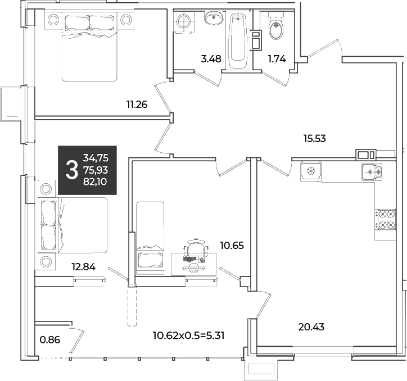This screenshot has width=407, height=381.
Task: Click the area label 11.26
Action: pos(137,105)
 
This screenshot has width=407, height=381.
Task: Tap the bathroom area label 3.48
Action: pos(211,59)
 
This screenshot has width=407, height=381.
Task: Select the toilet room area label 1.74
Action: pos(277,59)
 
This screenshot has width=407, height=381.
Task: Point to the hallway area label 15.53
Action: pos(315,139)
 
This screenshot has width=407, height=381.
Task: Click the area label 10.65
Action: pos(232,245)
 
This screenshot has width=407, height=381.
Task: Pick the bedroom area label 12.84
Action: pos(84,267)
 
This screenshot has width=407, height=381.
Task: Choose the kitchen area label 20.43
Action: pos(311,327)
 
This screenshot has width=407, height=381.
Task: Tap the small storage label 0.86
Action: pos(50,339)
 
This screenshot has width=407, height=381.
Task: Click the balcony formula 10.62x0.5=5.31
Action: pos(188,336)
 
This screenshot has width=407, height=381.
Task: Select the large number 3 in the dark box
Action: pos(72,170)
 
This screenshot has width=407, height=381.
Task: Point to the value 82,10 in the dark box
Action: pos(95,182)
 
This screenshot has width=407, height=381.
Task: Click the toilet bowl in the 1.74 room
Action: pos(276,29)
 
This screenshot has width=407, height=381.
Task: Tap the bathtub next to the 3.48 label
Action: pos(238,40)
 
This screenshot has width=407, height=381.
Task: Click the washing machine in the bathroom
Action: pos(184,22)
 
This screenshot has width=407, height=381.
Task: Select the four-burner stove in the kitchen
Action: pos(385,220)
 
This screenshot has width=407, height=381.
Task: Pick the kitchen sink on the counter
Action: pos(372,172)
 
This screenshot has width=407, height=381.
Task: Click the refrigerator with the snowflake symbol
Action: pos(311,172)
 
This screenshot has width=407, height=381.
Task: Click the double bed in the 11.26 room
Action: pos(89,47)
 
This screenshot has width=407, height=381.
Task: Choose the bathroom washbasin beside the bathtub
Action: pos(214,18)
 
